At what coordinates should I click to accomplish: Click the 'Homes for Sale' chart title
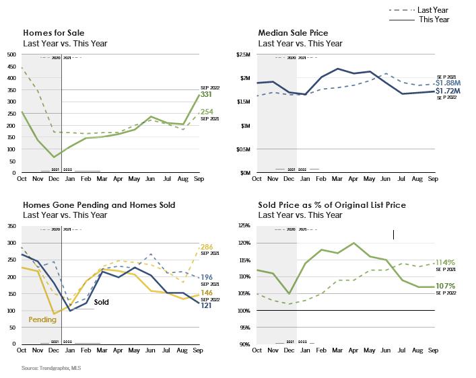53,32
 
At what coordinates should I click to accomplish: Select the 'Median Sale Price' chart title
294,32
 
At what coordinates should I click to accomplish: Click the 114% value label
445,262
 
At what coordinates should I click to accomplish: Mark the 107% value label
445,286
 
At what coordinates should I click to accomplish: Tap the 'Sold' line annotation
101,303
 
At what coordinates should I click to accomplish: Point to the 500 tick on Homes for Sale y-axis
11,54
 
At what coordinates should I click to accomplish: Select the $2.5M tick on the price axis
244,54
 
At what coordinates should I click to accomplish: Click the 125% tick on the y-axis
244,226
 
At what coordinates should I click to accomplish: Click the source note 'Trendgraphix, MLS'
44,368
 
